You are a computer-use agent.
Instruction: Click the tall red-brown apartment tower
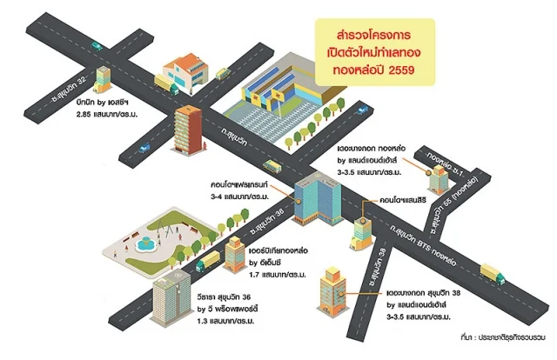pyautogui.click(x=185, y=130)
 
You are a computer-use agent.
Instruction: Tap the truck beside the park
pyautogui.click(x=208, y=260)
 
